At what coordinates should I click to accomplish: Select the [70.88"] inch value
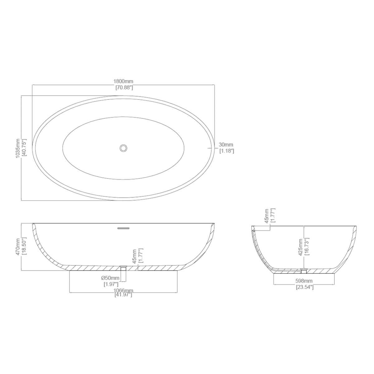[x=124, y=88]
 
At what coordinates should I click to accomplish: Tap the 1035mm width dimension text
[x=18, y=148]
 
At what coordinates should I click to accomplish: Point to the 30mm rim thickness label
[x=226, y=145]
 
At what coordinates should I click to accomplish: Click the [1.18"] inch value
[x=227, y=151]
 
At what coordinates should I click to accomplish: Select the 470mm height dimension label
[x=18, y=247]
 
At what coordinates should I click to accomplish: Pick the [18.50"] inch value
[x=24, y=247]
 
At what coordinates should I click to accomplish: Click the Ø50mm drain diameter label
[x=111, y=278]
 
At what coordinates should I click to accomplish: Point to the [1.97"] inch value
[x=111, y=284]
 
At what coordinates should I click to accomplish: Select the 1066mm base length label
[x=123, y=290]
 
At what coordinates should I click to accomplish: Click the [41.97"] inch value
[x=123, y=295]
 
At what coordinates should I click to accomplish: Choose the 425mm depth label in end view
[x=301, y=247]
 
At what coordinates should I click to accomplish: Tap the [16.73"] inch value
[x=307, y=247]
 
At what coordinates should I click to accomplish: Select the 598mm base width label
[x=304, y=281]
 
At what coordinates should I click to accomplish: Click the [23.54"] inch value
[x=304, y=287]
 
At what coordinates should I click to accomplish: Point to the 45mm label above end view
[x=267, y=216]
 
